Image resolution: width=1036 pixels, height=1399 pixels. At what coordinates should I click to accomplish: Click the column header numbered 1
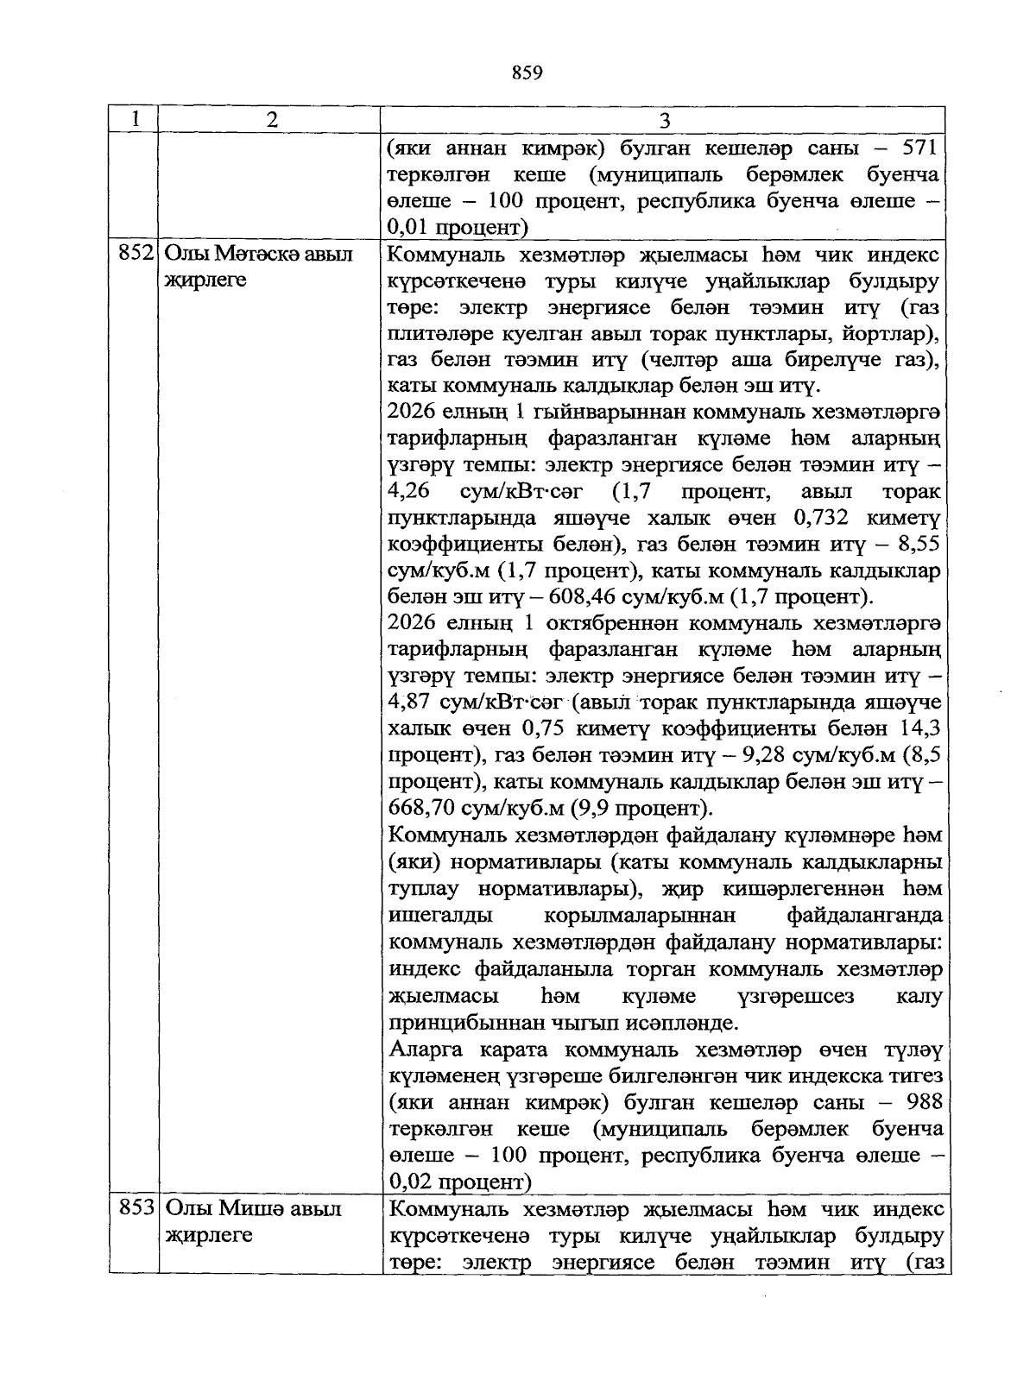coord(133,120)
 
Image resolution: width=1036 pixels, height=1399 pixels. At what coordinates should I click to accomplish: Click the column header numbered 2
coord(272,120)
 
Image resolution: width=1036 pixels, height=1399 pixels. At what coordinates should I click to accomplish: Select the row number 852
coord(134,255)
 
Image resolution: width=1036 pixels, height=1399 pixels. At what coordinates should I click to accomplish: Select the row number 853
coord(134,1208)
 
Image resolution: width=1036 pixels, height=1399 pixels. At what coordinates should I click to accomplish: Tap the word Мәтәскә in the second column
coord(256,255)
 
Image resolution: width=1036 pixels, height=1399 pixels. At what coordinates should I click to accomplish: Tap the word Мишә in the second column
coord(252,1208)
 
